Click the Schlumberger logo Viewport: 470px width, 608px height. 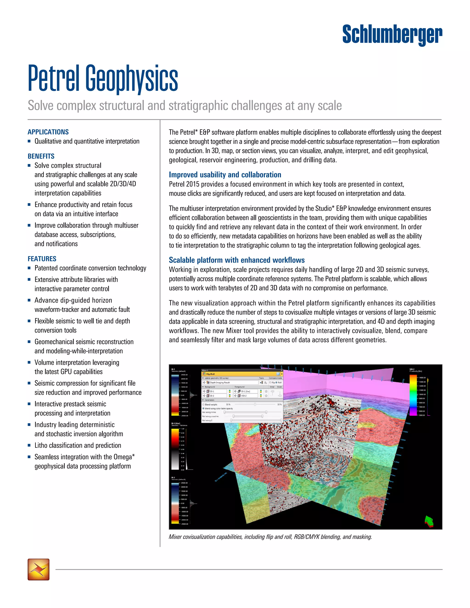(x=392, y=35)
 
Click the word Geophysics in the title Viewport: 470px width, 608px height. (x=131, y=79)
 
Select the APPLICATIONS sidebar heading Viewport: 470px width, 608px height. (x=48, y=132)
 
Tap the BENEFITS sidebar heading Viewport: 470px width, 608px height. (x=41, y=156)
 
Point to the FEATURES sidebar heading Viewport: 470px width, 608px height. (x=42, y=259)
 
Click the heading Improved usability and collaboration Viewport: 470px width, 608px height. (x=225, y=175)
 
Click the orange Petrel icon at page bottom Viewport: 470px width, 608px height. (x=38, y=569)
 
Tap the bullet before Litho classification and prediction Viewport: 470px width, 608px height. (x=29, y=445)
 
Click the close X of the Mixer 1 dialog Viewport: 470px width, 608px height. (x=282, y=371)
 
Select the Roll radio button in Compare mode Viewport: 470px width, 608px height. (x=277, y=382)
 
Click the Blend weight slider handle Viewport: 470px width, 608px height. (x=255, y=404)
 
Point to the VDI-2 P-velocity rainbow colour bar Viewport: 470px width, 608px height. (x=413, y=395)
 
